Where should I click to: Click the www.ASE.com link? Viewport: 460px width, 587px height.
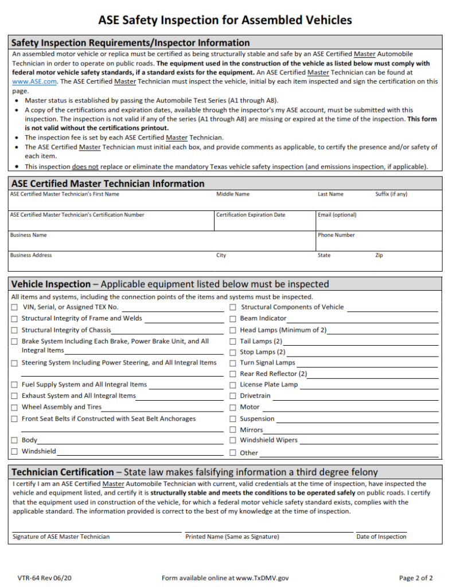pyautogui.click(x=34, y=82)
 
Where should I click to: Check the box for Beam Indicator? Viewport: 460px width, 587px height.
pyautogui.click(x=233, y=318)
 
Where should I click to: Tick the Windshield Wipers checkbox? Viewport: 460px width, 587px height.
pyautogui.click(x=233, y=440)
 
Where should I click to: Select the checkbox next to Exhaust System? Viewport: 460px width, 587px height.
pyautogui.click(x=14, y=396)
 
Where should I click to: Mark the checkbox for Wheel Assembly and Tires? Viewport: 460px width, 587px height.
pyautogui.click(x=14, y=408)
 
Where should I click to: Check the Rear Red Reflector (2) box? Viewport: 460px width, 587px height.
pyautogui.click(x=233, y=374)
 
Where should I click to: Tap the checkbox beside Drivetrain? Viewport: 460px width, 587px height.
pyautogui.click(x=233, y=396)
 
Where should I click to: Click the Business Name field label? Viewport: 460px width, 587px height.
pyautogui.click(x=28, y=235)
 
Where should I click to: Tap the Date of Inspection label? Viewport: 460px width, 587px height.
pyautogui.click(x=381, y=537)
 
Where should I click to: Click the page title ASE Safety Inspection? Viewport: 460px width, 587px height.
pyautogui.click(x=225, y=20)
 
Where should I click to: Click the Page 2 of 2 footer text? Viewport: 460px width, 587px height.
pyautogui.click(x=416, y=578)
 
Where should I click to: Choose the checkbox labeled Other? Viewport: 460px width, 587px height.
pyautogui.click(x=233, y=452)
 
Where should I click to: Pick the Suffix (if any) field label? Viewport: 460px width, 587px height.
pyautogui.click(x=391, y=194)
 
